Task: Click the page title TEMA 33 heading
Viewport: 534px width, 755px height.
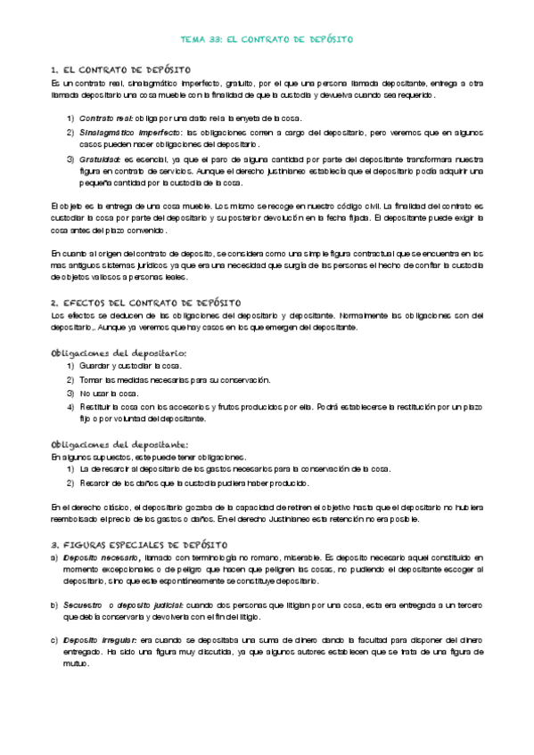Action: tap(267, 40)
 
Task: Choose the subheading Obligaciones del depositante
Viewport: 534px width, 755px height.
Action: tap(119, 443)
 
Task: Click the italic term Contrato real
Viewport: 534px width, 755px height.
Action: tap(106, 118)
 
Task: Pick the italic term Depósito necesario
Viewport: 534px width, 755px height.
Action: tap(101, 556)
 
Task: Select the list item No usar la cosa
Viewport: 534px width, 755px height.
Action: tap(110, 393)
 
